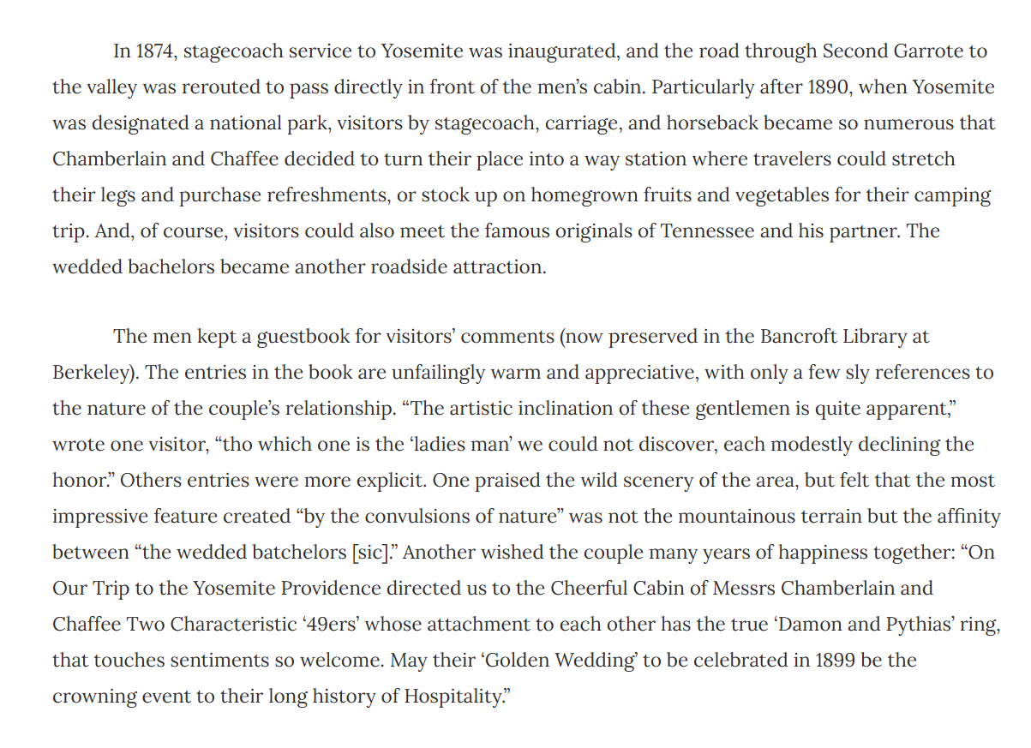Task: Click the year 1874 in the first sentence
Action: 155,51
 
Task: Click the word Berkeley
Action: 93,373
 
